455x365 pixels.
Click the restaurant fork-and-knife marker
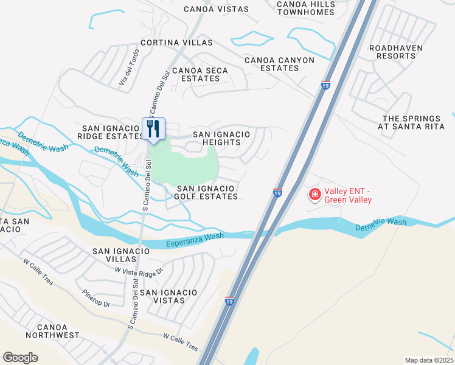[153, 129]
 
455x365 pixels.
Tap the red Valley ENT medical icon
[315, 195]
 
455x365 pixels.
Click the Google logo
[20, 358]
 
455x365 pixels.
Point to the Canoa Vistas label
[217, 9]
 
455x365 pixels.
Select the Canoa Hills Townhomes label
[305, 8]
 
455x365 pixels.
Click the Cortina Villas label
[176, 43]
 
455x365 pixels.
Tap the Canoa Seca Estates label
[200, 74]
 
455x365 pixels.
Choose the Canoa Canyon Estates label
[280, 64]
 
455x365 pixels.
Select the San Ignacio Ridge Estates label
[111, 132]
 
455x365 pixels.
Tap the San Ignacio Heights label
[221, 138]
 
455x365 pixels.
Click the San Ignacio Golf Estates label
[206, 192]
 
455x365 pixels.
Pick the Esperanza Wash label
[195, 239]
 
